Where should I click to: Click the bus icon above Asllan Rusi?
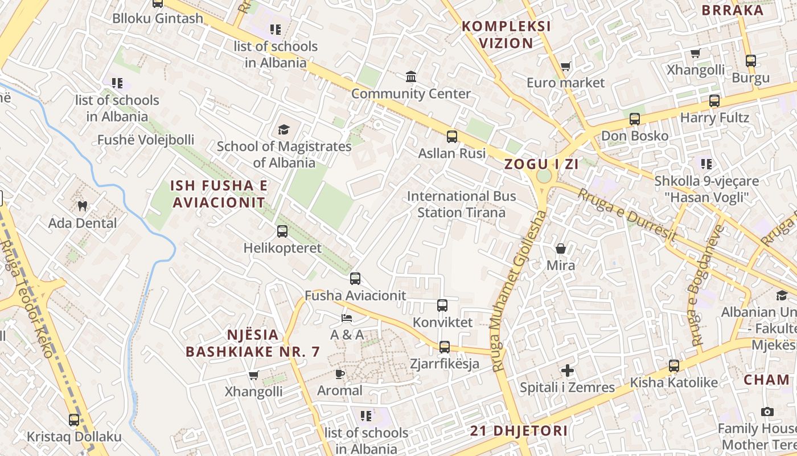point(452,137)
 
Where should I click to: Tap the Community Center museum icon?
point(411,76)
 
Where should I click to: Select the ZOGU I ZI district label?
point(541,164)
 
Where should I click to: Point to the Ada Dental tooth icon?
point(83,206)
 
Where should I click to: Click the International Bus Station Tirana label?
point(461,205)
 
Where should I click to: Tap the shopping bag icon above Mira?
point(561,249)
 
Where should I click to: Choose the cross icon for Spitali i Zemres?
point(568,370)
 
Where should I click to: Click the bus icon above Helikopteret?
point(282,231)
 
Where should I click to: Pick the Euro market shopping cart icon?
point(565,67)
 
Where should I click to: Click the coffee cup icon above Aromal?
point(340,374)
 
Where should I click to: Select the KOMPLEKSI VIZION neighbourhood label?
point(506,35)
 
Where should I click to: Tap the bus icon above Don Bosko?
point(635,119)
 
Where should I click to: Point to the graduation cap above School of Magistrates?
point(284,130)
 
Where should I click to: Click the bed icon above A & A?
point(347,317)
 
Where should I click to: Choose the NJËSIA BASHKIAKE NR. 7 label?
point(253,343)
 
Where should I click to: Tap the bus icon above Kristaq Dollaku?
point(74,420)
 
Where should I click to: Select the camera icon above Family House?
point(767,412)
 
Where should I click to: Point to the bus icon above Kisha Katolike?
point(674,365)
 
